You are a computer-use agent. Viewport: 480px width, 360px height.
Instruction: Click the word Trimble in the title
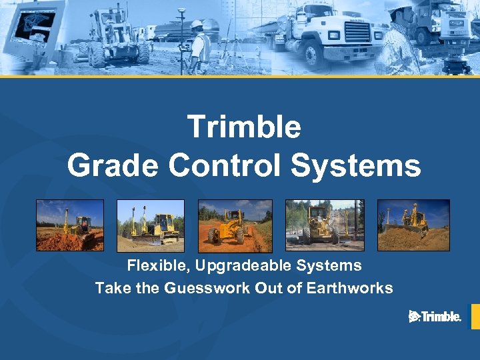click(x=244, y=127)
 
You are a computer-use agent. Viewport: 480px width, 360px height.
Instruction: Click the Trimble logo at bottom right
click(x=435, y=317)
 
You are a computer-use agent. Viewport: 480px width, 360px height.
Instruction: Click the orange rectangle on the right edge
click(x=475, y=317)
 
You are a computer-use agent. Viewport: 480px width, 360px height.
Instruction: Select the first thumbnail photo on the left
click(x=70, y=225)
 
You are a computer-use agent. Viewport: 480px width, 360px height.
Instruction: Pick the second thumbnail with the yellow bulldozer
click(x=151, y=225)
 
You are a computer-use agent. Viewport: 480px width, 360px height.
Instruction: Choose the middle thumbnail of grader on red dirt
click(x=235, y=225)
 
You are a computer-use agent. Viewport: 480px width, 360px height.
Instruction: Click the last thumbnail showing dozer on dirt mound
click(x=413, y=225)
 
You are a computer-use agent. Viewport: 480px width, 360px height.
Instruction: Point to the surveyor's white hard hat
click(x=197, y=25)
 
